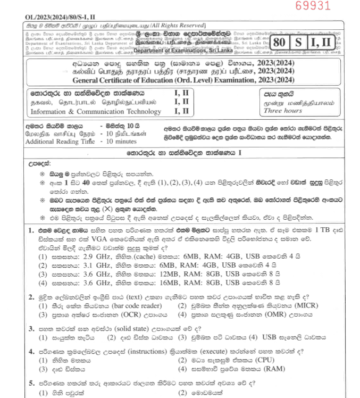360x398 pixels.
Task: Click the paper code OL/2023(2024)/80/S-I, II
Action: click(56, 17)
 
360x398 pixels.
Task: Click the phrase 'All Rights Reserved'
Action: click(175, 26)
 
